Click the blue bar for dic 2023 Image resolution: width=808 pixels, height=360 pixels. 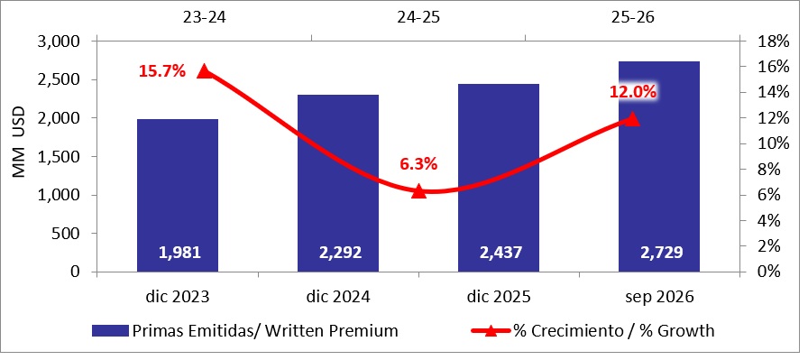click(178, 196)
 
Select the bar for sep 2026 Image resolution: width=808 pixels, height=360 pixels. click(659, 167)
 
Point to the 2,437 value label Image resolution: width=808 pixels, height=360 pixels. click(500, 253)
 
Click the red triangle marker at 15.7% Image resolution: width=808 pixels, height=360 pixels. click(204, 71)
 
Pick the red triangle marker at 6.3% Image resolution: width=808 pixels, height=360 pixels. click(419, 191)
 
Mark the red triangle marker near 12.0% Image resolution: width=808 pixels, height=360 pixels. click(632, 119)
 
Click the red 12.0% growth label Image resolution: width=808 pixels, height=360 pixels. click(633, 92)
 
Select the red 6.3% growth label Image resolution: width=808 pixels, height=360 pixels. click(419, 164)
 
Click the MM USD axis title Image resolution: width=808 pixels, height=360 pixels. click(19, 143)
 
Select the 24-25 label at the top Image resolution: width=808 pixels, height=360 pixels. click(419, 17)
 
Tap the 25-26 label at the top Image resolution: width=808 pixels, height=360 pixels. click(632, 17)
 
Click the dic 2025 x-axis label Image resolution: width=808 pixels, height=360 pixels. click(500, 298)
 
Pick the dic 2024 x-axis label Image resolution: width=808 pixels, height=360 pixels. click(338, 298)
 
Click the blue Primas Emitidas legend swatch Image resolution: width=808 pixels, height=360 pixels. click(110, 330)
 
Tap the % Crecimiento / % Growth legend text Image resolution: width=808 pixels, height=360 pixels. click(614, 330)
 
